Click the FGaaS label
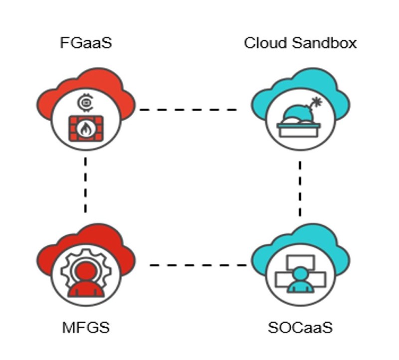86,43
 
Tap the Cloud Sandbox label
300,43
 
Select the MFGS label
86,328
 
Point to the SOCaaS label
300,328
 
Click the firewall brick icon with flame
86,128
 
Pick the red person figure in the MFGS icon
86,279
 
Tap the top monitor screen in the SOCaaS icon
300,261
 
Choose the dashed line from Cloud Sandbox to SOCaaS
300,188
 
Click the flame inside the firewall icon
86,129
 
